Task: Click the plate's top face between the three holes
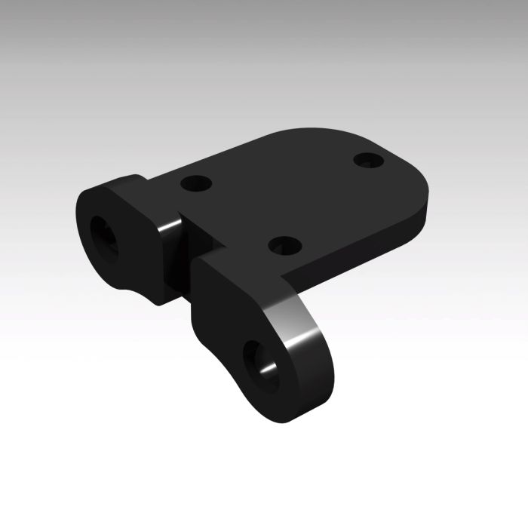coord(287,196)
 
